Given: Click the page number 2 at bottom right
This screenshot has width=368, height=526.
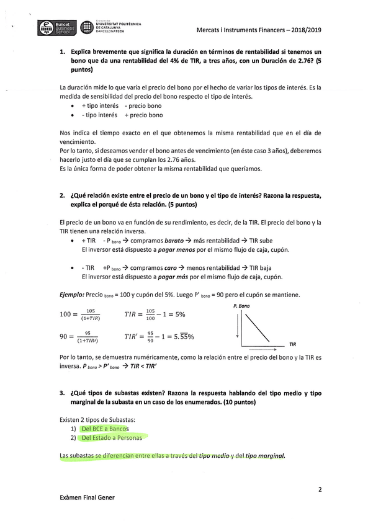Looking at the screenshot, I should [320, 489].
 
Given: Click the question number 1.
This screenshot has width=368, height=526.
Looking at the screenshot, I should [63, 53].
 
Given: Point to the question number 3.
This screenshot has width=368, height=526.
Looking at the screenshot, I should [63, 393].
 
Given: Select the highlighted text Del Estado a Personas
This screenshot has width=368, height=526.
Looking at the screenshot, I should [111, 437].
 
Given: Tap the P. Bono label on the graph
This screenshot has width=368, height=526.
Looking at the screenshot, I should [241, 306].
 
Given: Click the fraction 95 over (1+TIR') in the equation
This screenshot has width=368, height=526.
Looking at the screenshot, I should [88, 337].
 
